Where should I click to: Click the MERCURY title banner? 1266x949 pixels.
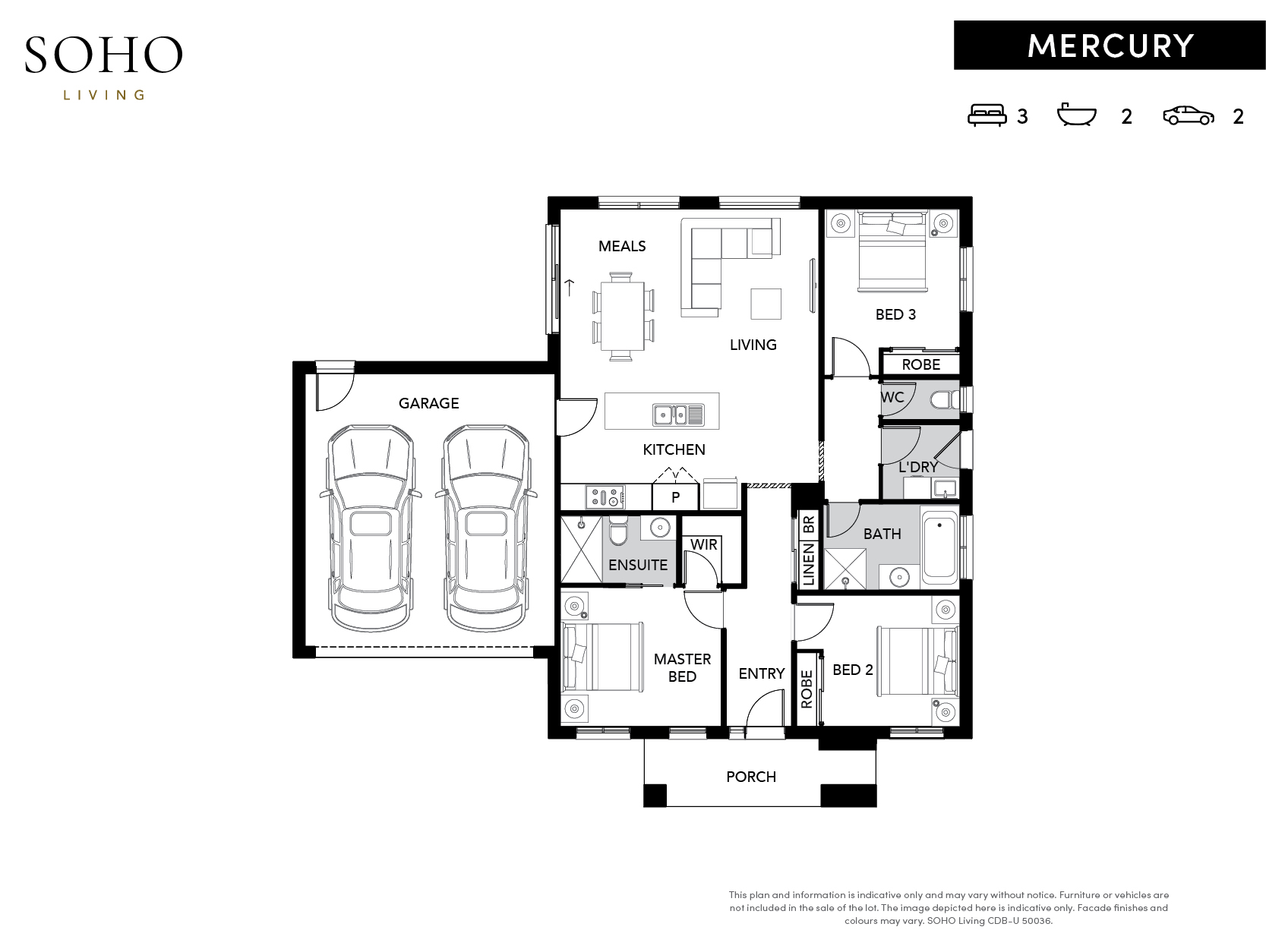click(x=1109, y=46)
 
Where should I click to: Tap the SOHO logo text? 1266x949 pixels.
click(x=104, y=55)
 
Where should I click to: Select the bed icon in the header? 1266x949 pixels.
click(x=987, y=115)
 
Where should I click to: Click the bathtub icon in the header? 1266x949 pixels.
click(x=1076, y=115)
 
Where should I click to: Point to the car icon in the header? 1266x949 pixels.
click(x=1188, y=115)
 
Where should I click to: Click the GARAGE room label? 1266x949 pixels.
click(x=428, y=403)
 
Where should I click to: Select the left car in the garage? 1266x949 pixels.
click(x=371, y=528)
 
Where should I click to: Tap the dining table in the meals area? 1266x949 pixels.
click(x=622, y=316)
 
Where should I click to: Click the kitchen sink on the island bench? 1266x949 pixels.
click(x=678, y=414)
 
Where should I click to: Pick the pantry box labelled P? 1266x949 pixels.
click(x=675, y=497)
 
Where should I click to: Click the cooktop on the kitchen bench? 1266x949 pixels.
click(x=605, y=497)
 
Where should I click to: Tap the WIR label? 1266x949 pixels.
click(x=704, y=544)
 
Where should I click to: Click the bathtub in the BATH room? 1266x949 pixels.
click(x=939, y=547)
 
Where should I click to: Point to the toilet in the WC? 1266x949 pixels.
click(x=945, y=399)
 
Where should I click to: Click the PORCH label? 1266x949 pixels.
click(x=751, y=777)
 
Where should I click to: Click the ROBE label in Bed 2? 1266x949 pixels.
click(x=807, y=689)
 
